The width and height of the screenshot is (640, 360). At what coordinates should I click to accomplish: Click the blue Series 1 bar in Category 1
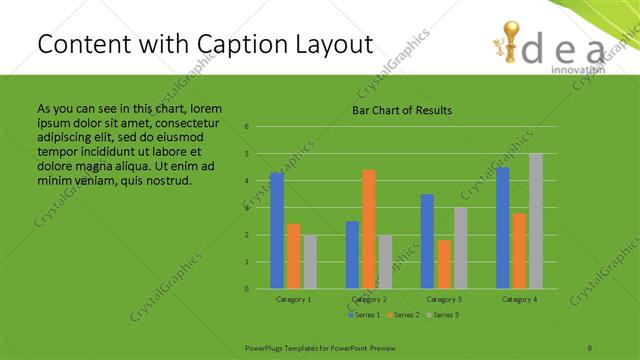[x=277, y=231]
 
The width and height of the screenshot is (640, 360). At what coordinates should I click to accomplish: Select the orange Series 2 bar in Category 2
[x=369, y=229]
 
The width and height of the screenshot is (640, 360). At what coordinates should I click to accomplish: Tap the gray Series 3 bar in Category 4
[x=536, y=221]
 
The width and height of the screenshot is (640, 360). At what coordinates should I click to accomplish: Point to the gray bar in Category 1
[x=310, y=262]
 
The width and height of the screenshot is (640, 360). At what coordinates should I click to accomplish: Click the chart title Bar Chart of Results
[x=402, y=110]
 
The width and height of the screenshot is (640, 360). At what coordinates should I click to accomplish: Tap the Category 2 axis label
[x=369, y=299]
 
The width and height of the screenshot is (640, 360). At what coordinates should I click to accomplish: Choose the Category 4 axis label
[x=519, y=299]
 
